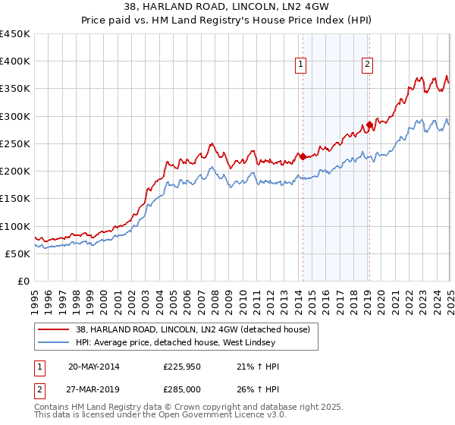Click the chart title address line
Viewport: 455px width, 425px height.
[227, 8]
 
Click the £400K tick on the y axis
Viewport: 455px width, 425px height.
[15, 61]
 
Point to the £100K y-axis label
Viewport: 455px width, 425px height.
[15, 226]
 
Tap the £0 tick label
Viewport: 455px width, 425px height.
[24, 281]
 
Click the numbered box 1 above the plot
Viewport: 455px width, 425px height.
[301, 65]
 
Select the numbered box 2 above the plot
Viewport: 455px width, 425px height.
[367, 65]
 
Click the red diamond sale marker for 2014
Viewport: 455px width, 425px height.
[303, 157]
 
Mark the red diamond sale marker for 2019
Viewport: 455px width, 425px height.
[369, 124]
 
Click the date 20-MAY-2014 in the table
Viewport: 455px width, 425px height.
[93, 367]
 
